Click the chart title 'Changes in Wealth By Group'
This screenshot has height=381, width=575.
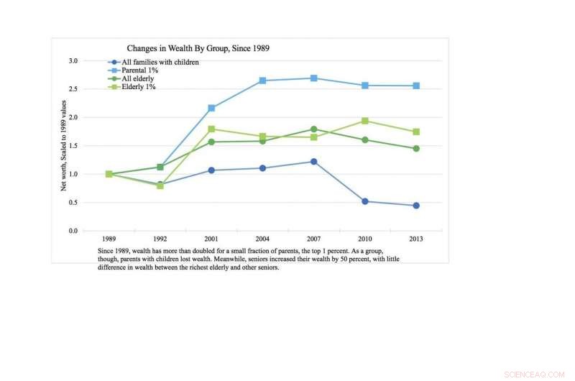pos(198,47)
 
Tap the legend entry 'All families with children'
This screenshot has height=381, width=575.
pos(160,63)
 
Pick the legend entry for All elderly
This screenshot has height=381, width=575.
pos(138,78)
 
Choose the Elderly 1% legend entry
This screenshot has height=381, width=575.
pos(139,86)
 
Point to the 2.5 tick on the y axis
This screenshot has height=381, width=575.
pos(73,89)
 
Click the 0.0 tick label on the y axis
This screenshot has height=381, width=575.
pos(73,231)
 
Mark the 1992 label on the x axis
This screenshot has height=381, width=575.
pos(160,239)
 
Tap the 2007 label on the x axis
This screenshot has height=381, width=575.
pos(313,239)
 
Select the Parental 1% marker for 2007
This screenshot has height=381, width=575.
pos(314,78)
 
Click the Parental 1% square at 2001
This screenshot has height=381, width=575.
pos(211,108)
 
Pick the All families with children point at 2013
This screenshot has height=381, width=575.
pos(416,206)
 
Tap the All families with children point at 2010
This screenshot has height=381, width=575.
pos(365,201)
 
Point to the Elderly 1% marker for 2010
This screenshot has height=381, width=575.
pos(365,121)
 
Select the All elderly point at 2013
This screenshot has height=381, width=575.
pos(416,148)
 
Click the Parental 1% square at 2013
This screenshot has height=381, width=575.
pos(416,86)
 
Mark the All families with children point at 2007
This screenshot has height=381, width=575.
pos(314,162)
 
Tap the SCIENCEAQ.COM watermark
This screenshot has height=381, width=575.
pos(536,374)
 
